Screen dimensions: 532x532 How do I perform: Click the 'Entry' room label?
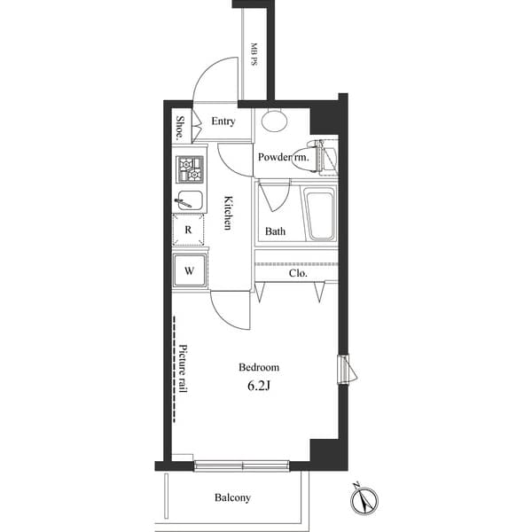[x=223, y=121]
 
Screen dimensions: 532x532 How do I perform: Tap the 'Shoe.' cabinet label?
[x=180, y=128]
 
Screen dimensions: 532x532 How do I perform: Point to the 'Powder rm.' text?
[x=283, y=157]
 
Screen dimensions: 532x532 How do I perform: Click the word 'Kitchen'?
[x=228, y=213]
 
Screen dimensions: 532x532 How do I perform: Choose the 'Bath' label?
[x=275, y=232]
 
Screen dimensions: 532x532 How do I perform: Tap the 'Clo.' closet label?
[x=298, y=274]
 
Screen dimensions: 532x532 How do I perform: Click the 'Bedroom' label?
[x=259, y=367]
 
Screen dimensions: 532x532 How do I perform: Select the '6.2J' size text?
[x=259, y=386]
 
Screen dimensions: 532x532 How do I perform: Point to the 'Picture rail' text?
[x=184, y=368]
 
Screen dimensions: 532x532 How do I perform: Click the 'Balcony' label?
[x=232, y=497]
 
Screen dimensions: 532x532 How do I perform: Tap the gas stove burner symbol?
[x=190, y=168]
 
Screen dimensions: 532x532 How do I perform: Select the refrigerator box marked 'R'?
[x=189, y=230]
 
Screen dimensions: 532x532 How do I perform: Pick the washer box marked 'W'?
[x=190, y=269]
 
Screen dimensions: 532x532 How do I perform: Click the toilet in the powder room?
[x=321, y=154]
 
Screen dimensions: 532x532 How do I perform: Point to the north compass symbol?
[x=364, y=501]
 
